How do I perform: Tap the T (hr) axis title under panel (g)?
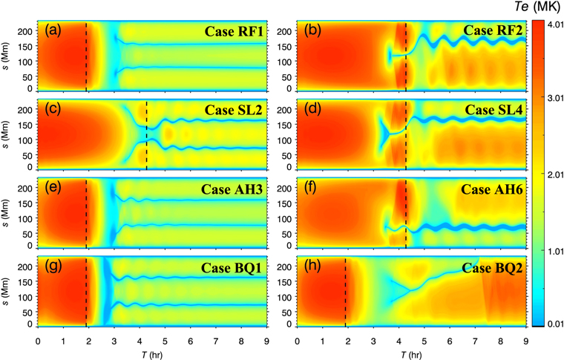(x=152, y=353)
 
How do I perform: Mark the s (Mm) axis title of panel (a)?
(x=9, y=58)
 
